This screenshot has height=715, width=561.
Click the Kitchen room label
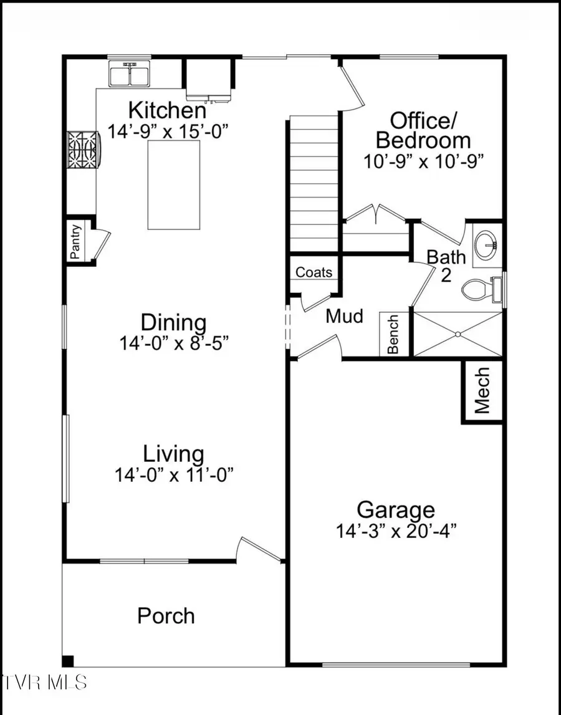point(167,110)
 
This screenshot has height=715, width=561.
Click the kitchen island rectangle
point(174,185)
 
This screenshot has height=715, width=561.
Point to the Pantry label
point(75,241)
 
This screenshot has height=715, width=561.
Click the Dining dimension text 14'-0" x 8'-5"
point(173,343)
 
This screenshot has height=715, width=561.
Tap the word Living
point(173,453)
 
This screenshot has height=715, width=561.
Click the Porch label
point(166,616)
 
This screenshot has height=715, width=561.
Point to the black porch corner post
point(68,661)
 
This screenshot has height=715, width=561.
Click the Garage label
point(396,509)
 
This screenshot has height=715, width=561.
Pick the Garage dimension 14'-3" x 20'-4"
point(397,531)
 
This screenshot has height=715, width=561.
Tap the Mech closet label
point(482,390)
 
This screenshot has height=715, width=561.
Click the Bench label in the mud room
point(393,334)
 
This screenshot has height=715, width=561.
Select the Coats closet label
point(314,272)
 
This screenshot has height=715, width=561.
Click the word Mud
point(345,316)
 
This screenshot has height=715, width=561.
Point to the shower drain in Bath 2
point(458,334)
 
